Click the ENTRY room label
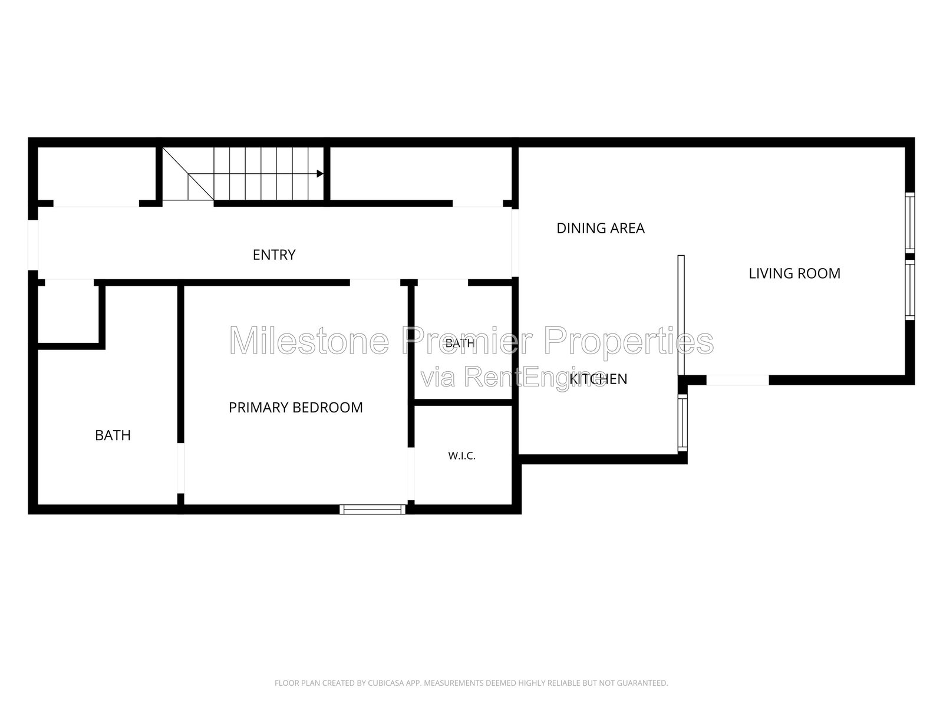coord(274,255)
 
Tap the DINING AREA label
coord(600,229)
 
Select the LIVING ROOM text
coord(794,273)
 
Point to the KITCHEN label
coord(598,379)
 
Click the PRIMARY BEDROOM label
coord(296,407)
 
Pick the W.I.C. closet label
coord(462,456)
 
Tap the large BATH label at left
coord(113,435)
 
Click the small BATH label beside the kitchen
coord(460,343)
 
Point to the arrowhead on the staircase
coord(320,173)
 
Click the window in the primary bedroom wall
coord(372,509)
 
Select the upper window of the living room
coord(910,223)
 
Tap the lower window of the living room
coord(910,290)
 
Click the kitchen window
coord(682,423)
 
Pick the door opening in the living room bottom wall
coord(738,380)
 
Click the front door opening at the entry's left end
coord(33,245)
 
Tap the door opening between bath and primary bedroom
coord(181,468)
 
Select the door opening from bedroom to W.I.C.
coord(411,474)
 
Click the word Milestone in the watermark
coord(309,341)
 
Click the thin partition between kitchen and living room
coord(681,315)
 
